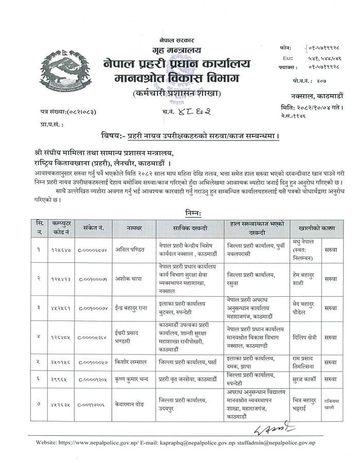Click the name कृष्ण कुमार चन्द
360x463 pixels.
(136, 379)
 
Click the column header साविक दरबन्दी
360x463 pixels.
(189, 227)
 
